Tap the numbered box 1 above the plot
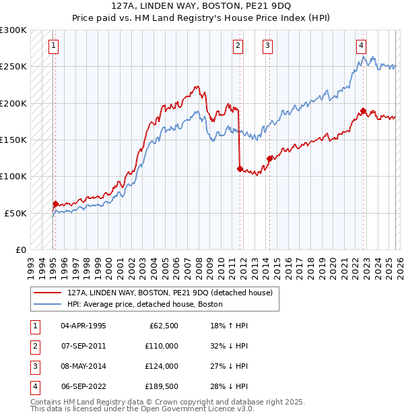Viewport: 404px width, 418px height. (53, 46)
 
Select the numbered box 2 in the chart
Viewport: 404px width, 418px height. (238, 46)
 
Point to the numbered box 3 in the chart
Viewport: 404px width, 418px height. (267, 46)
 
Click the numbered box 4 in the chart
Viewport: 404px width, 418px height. (361, 46)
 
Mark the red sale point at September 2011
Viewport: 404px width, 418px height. (240, 169)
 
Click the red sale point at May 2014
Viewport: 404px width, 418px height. (269, 159)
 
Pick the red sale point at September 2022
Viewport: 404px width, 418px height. (363, 111)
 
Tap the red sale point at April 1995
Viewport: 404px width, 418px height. (55, 204)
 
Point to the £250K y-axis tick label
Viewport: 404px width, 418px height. (13, 67)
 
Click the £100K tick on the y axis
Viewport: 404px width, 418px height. (13, 176)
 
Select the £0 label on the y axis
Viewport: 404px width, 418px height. (20, 249)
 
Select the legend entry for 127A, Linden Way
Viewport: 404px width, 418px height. (169, 293)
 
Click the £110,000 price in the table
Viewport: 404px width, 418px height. (162, 346)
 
